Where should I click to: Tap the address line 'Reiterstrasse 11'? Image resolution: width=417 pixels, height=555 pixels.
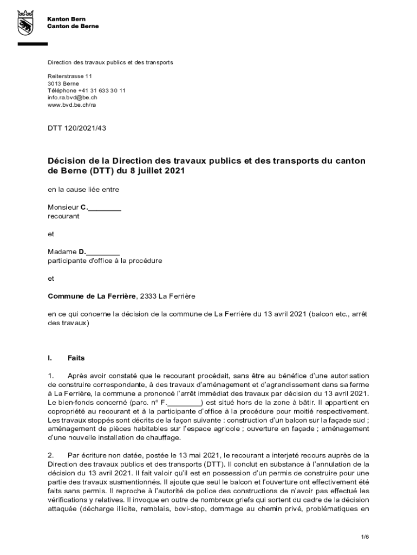point(70,77)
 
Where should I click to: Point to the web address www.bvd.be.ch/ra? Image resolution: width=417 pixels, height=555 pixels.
point(71,105)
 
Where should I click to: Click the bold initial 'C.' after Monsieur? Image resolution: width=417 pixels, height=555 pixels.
point(84,207)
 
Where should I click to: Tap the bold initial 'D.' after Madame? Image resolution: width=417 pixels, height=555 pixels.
point(82,252)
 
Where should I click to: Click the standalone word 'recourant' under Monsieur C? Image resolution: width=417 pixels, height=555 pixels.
point(63,216)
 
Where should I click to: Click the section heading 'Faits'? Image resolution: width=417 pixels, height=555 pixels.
point(76,358)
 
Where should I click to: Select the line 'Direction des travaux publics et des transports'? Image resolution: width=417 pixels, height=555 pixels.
point(110,62)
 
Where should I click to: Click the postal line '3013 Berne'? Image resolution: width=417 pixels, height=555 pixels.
point(63,84)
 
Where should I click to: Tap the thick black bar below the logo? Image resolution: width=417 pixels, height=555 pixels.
point(32,44)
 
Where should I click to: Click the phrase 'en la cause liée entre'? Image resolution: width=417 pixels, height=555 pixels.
point(83,190)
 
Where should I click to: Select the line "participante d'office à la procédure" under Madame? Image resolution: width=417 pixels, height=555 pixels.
point(105,261)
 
